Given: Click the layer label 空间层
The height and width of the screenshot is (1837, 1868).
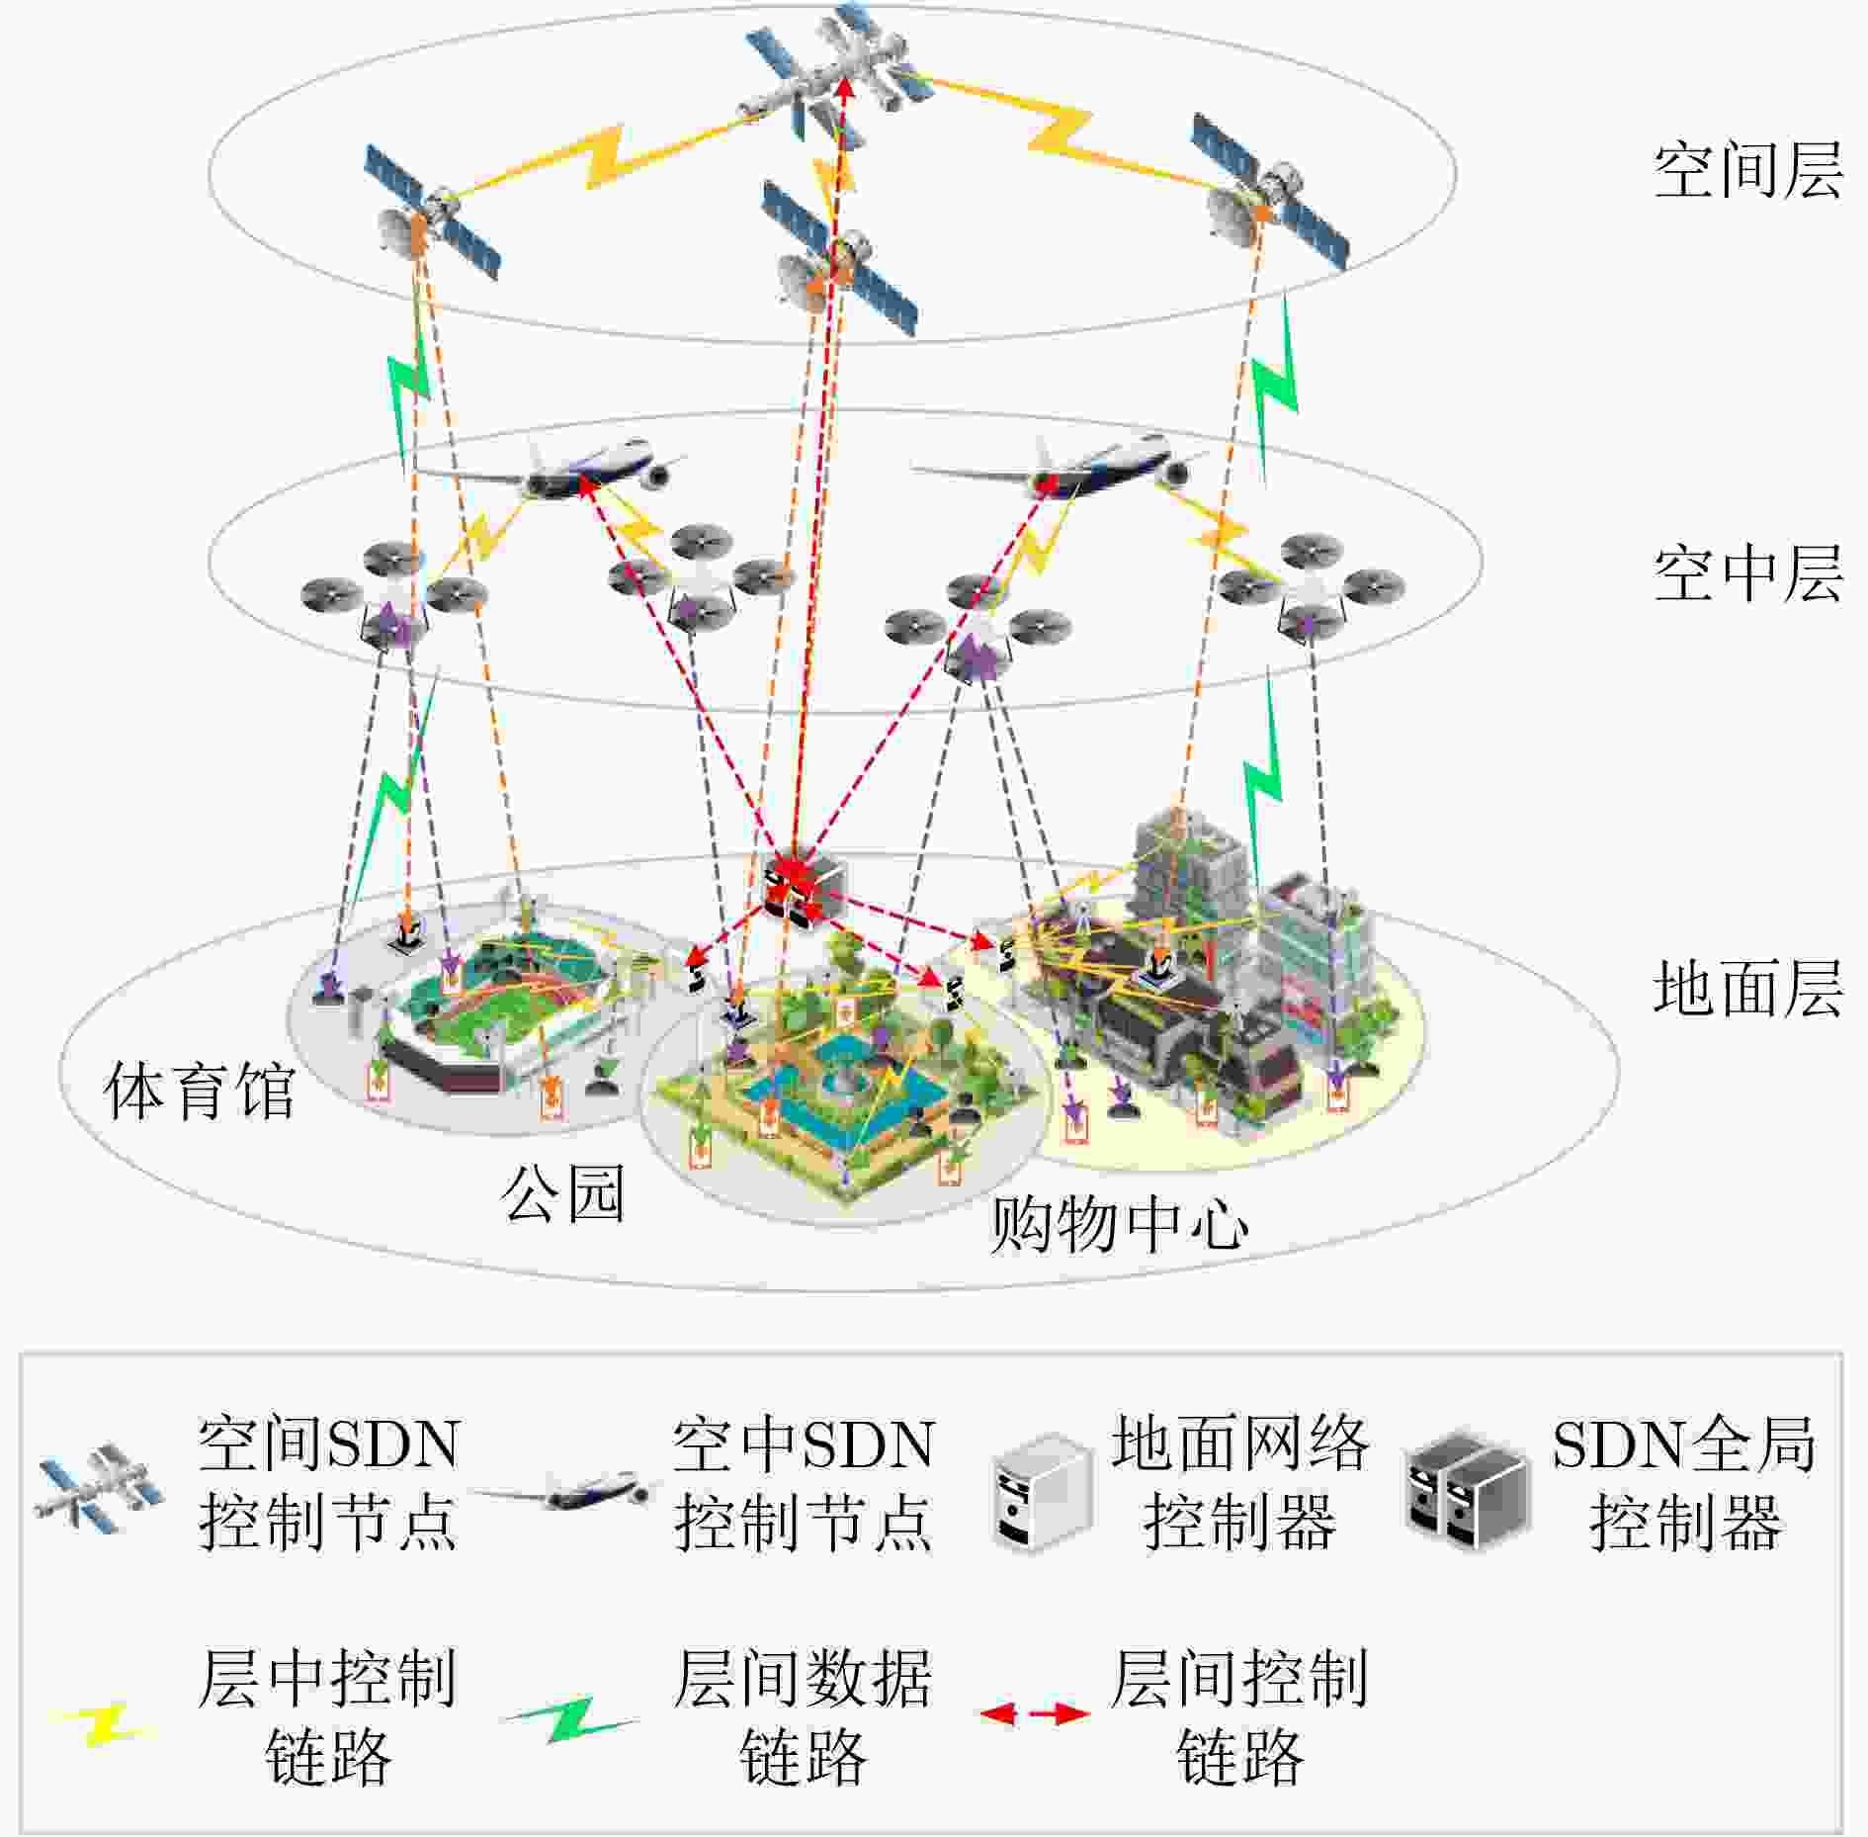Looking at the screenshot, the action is click(x=1747, y=170).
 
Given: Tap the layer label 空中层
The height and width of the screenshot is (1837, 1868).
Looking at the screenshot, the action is click(x=1747, y=573).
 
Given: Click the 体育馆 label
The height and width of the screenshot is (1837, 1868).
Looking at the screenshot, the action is click(x=200, y=1091).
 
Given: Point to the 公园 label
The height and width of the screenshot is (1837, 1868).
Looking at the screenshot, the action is click(x=563, y=1193).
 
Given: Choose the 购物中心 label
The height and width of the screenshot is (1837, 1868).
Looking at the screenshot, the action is click(x=1119, y=1224).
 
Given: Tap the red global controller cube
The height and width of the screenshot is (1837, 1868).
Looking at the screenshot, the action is click(x=805, y=883).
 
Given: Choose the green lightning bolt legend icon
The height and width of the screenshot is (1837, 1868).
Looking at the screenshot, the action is click(x=571, y=1719).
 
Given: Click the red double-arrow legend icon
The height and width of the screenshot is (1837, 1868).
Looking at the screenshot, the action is click(x=1034, y=1713).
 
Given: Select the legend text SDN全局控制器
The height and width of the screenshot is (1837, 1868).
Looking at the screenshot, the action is click(x=1684, y=1483).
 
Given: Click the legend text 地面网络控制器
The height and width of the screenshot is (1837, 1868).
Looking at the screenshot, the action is click(x=1239, y=1483).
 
